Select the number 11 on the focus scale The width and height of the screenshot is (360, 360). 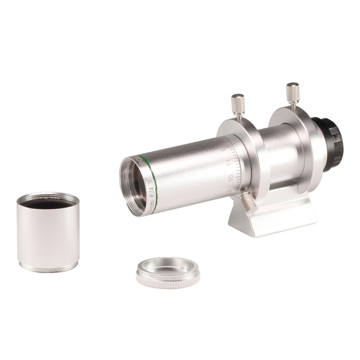229,163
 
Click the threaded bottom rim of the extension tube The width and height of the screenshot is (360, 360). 46,268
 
